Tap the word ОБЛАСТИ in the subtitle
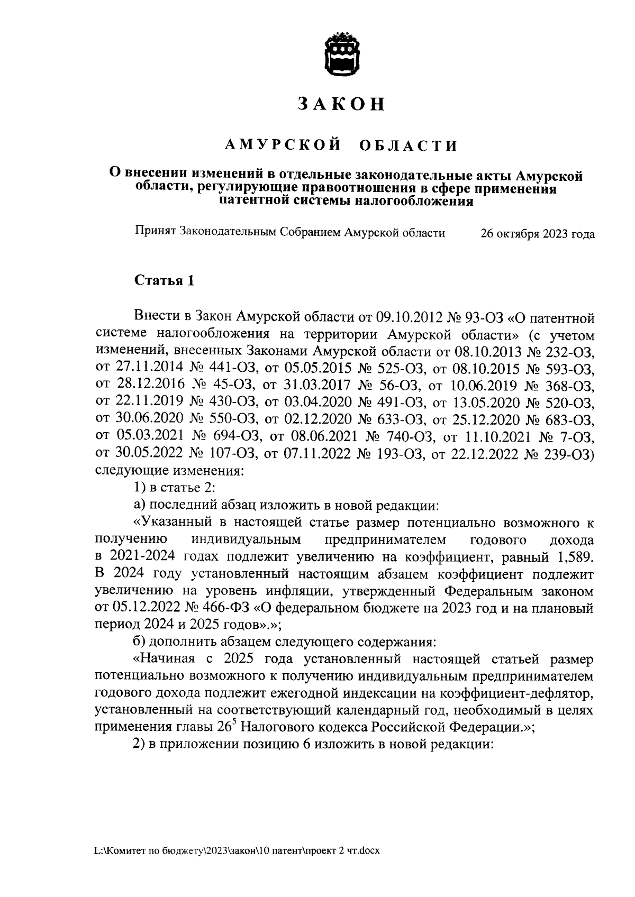pyautogui.click(x=408, y=146)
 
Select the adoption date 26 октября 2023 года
pyautogui.click(x=537, y=235)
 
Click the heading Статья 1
pyautogui.click(x=164, y=280)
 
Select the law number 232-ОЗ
pyautogui.click(x=564, y=352)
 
